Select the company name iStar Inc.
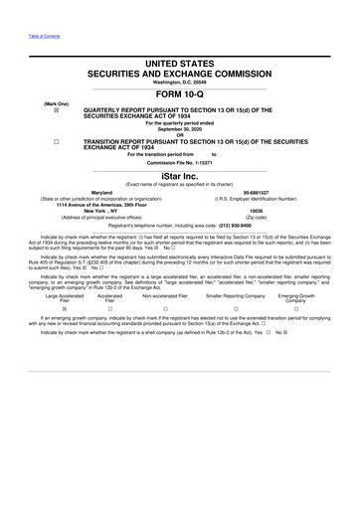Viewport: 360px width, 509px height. (180, 171)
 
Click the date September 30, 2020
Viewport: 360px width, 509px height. (180, 128)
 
